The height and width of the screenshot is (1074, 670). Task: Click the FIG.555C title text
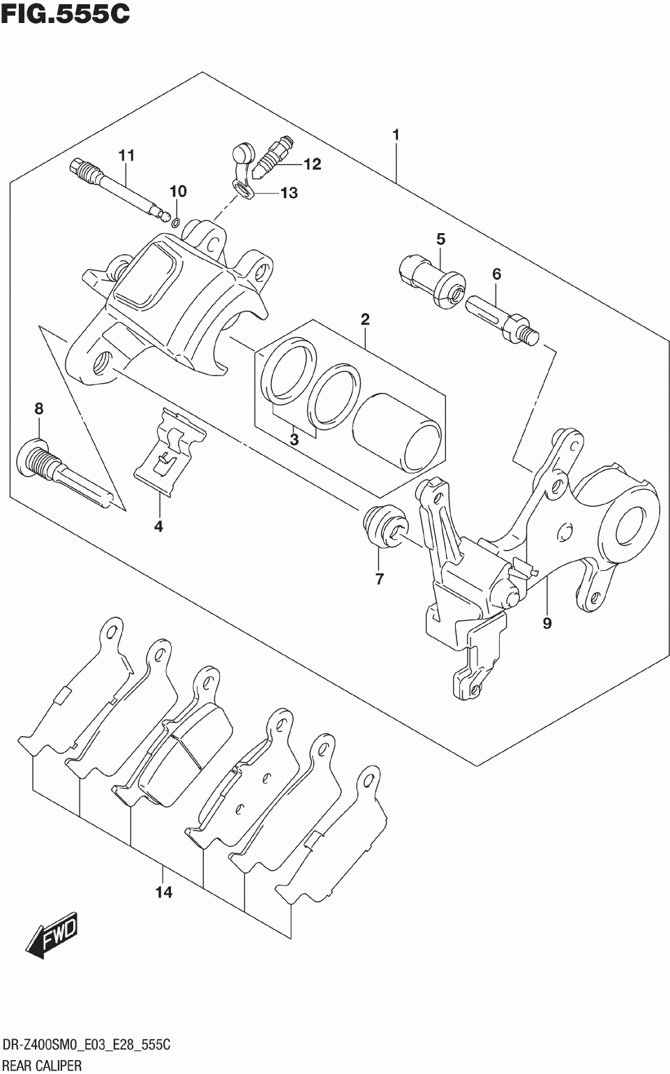click(x=66, y=14)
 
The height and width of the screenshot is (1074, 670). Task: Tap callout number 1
click(x=396, y=135)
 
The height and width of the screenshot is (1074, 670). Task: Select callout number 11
click(x=126, y=156)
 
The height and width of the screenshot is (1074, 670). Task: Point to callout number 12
click(x=312, y=164)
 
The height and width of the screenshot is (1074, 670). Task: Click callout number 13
click(x=288, y=193)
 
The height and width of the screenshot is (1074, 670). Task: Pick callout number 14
click(x=163, y=892)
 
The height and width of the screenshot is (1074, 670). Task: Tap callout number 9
click(x=546, y=622)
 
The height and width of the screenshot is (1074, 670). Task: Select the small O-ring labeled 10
click(x=176, y=223)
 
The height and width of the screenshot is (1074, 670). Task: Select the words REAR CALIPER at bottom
click(x=43, y=1064)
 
